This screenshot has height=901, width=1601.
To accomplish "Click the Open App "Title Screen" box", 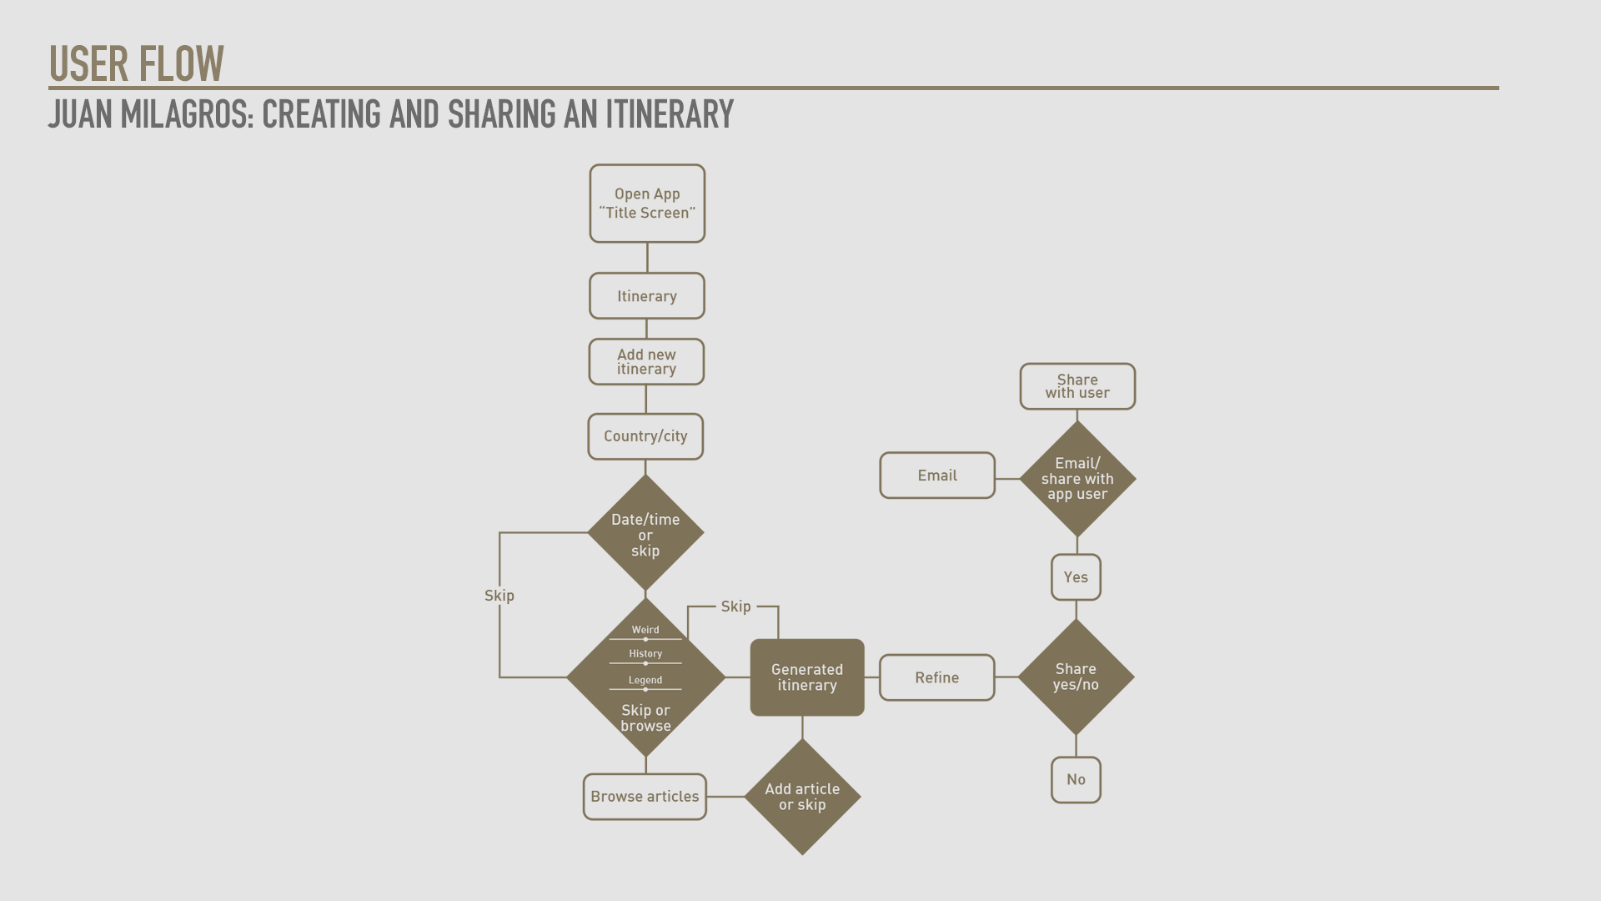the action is [647, 204].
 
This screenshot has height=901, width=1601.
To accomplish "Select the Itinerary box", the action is [647, 296].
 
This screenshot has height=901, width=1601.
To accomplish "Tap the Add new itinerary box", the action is [646, 362].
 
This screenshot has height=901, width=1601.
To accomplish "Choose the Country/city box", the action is [645, 436].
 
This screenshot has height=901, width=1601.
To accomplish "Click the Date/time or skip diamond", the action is [645, 534].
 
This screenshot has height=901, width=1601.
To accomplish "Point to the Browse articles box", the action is [645, 797].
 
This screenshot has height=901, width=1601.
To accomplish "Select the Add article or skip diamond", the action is [802, 797].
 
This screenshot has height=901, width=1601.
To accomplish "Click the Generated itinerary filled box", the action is [807, 677].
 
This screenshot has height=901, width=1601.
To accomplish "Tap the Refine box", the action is [936, 677].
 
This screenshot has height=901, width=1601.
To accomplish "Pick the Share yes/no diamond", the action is [1076, 677].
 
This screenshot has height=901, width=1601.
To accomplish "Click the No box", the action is [1076, 780].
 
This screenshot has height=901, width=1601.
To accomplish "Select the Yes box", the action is [1076, 577].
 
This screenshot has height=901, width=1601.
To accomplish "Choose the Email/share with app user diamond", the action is [1077, 479].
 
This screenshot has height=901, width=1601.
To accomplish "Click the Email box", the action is [937, 476].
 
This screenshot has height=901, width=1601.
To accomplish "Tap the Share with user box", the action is [1077, 386].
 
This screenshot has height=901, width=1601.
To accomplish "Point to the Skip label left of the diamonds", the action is [499, 596].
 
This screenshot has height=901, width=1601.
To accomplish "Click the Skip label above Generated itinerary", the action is [735, 607].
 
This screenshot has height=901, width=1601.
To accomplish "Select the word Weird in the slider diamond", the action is [645, 630].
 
